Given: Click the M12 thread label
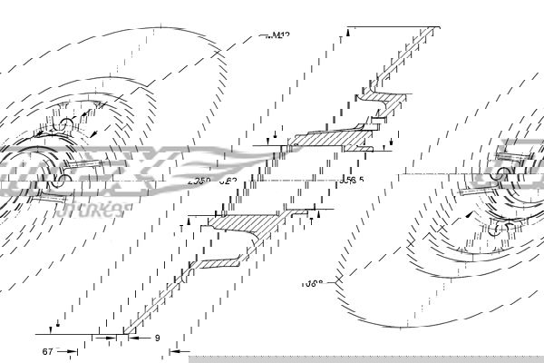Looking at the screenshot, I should click(280, 36).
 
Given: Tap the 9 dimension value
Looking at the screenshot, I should click(157, 338).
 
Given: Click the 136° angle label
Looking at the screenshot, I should click(313, 283).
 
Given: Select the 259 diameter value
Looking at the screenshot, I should click(198, 181).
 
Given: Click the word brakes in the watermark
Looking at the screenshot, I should click(98, 211).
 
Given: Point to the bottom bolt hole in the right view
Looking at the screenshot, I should click(494, 229).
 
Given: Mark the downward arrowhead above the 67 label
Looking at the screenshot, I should click(58, 326).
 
